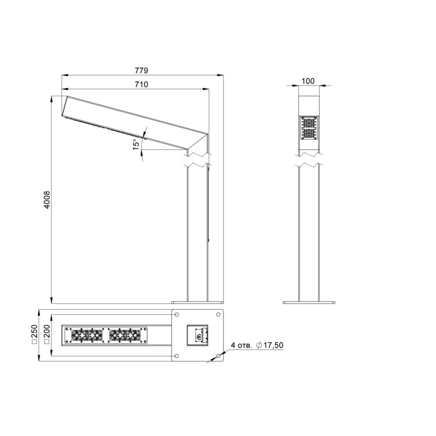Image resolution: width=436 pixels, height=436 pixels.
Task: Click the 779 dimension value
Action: tap(142, 71)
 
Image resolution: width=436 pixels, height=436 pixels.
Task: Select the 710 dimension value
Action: tap(142, 84)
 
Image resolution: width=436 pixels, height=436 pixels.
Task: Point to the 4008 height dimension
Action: tap(47, 200)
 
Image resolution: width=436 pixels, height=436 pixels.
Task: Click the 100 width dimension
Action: tap(308, 81)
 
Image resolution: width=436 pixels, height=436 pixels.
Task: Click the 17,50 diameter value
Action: tap(273, 345)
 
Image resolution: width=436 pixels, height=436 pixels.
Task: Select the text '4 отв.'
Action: tap(242, 345)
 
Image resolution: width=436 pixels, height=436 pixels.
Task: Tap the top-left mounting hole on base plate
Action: tap(177, 314)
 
